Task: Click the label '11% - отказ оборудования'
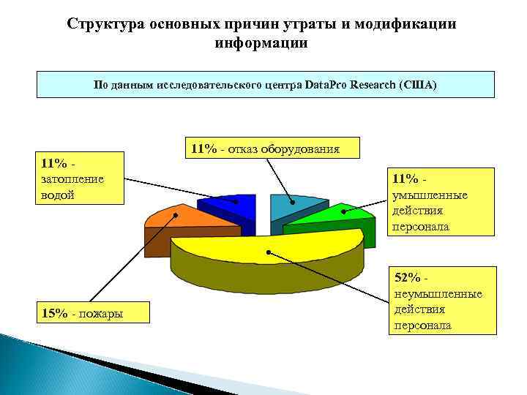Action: click(265, 148)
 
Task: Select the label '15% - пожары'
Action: click(81, 313)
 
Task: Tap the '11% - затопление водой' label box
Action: click(80, 178)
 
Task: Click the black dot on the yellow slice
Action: click(269, 252)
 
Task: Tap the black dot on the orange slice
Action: click(177, 215)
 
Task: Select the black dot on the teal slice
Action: click(292, 202)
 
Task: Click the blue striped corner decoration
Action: click(44, 366)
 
